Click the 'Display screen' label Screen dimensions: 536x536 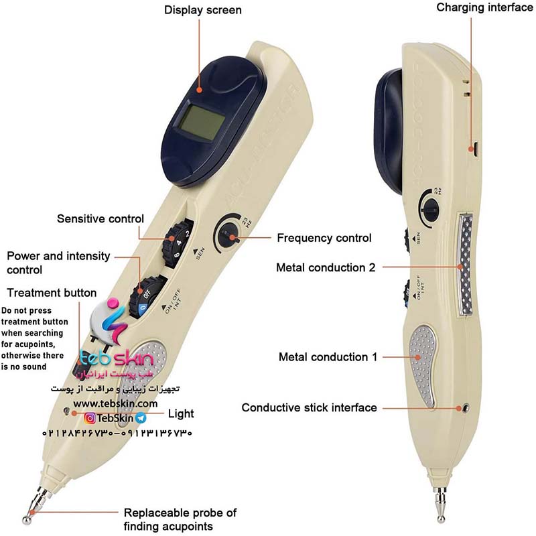coord(202,10)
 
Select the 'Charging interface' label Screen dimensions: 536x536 coord(479,8)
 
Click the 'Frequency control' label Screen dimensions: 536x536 coord(324,238)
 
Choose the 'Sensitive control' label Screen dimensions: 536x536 coord(100,219)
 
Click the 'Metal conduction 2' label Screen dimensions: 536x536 coord(326,267)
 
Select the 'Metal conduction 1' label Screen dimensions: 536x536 coord(324,357)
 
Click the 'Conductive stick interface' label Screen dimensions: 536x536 coord(310,407)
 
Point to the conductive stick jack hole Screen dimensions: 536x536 coord(464,407)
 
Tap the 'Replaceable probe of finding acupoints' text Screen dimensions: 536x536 coord(180,520)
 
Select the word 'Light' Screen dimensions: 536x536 coord(181,413)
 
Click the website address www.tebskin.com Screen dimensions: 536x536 coord(115,404)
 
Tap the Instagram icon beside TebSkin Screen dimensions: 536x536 coord(89,418)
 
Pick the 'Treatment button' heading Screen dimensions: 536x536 coord(52,293)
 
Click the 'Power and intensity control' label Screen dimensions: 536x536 coord(59,263)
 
